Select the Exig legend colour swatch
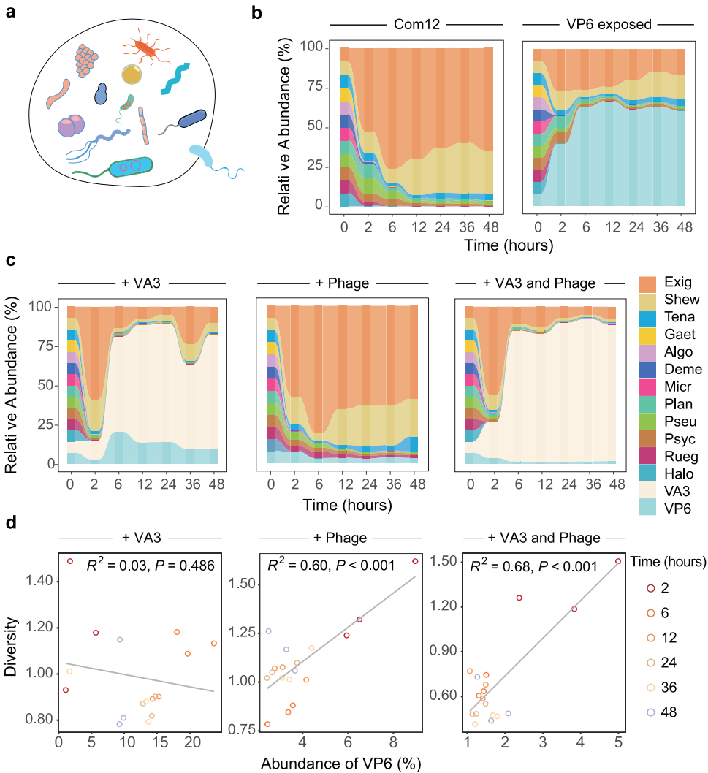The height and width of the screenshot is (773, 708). [647, 282]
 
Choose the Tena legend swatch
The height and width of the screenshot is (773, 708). [647, 317]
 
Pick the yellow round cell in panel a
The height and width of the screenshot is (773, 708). [133, 75]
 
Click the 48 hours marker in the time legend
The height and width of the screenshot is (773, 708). [648, 691]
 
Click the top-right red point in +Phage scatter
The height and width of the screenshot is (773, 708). [415, 561]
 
